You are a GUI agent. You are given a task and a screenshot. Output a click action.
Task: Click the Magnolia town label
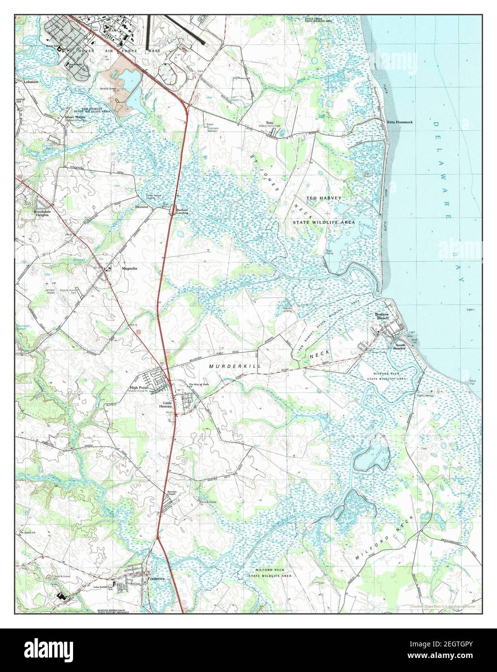pyautogui.click(x=129, y=268)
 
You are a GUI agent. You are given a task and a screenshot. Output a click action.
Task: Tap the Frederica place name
pyautogui.click(x=156, y=579)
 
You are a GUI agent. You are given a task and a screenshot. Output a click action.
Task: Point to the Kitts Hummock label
pyautogui.click(x=400, y=122)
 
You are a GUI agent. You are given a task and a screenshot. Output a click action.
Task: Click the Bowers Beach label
pyautogui.click(x=382, y=317)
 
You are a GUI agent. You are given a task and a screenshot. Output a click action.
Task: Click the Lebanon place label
pyautogui.click(x=30, y=82)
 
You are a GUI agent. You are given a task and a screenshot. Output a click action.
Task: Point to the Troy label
pyautogui.click(x=270, y=123)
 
